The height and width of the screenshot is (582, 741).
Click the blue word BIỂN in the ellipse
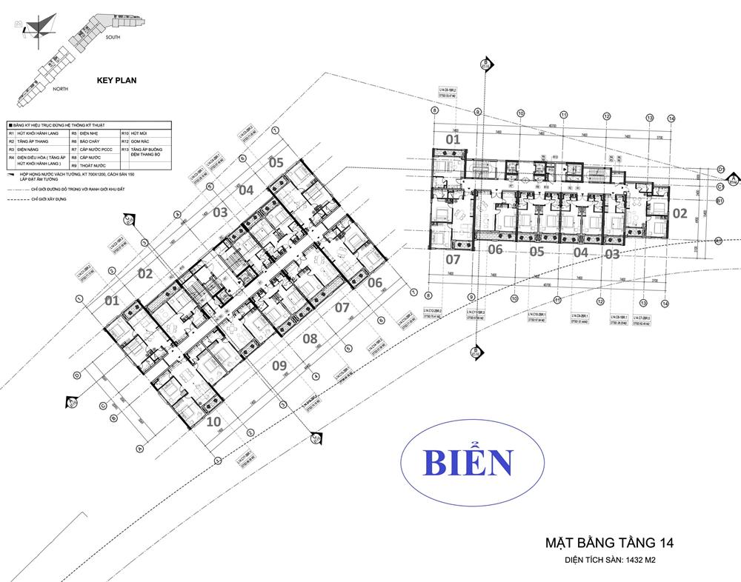click(x=467, y=463)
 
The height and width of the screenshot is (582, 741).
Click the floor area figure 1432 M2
click(x=631, y=561)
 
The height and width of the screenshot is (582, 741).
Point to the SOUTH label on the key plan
click(x=113, y=36)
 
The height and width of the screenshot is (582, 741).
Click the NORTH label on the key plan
click(x=61, y=89)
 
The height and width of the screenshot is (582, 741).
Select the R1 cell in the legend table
click(x=12, y=133)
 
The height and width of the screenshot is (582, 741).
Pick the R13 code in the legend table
click(x=125, y=150)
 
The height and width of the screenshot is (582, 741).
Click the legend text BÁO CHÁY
click(x=90, y=141)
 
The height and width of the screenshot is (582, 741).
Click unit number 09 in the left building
click(x=279, y=364)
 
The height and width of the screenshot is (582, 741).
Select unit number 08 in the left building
click(x=310, y=339)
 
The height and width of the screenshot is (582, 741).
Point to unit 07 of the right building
click(x=453, y=260)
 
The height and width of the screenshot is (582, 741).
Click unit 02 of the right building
click(x=679, y=213)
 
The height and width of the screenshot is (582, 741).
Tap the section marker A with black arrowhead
click(x=733, y=179)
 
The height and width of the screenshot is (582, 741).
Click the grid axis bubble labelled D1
click(x=720, y=170)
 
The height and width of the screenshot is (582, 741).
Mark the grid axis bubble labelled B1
click(x=719, y=201)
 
